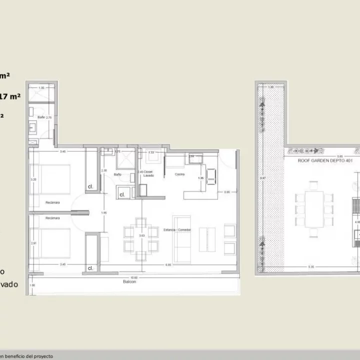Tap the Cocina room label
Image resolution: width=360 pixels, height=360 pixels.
pos(180,174)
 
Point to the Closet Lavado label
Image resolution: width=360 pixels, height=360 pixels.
pos(146,173)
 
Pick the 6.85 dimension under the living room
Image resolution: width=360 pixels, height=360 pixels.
pos(163,264)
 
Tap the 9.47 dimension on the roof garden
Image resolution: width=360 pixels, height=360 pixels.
pos(262,178)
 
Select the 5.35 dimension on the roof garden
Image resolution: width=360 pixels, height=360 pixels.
pos(311,266)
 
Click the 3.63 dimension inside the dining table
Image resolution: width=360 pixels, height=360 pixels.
pos(141,235)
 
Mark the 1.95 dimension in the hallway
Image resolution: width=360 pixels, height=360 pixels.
pos(104,213)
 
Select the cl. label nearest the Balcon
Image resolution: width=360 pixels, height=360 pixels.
pos(90,268)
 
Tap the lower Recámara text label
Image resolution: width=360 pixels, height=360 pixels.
pos(52,218)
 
